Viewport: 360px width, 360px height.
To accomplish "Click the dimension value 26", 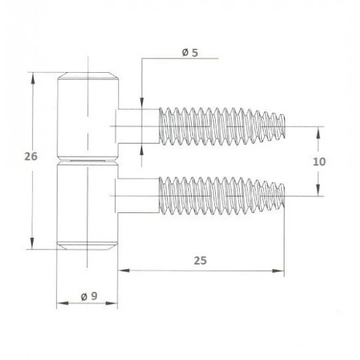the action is point(31,157).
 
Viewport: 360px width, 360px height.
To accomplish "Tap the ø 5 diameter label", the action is point(190,53).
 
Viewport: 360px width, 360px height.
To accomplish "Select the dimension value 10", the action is point(319,162).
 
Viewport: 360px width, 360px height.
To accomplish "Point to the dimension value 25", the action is point(200,261).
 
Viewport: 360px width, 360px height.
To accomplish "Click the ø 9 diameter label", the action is point(89,296).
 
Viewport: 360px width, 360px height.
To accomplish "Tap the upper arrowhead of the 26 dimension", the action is point(33,79).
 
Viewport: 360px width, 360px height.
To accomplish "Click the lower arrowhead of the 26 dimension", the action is point(32,244).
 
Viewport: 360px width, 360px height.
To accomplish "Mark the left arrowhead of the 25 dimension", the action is point(124,271).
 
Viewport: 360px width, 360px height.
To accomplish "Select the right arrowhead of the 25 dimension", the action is point(278,271).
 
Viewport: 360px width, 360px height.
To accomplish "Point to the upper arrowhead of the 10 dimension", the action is point(318,133).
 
